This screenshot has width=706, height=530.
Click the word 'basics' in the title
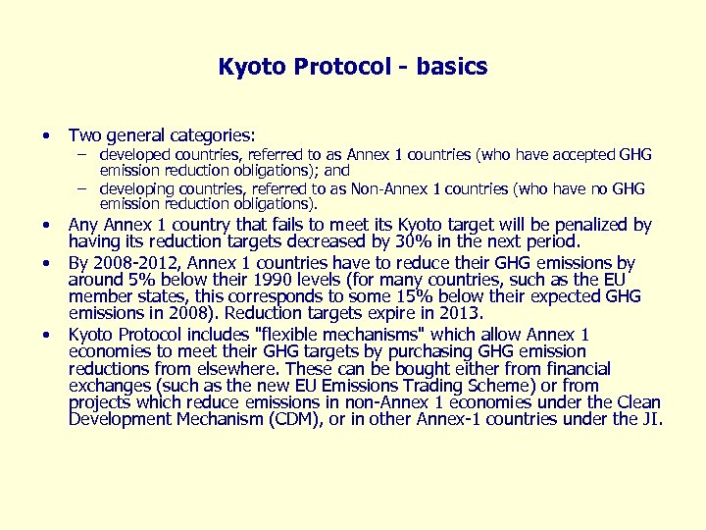pos(451,67)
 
